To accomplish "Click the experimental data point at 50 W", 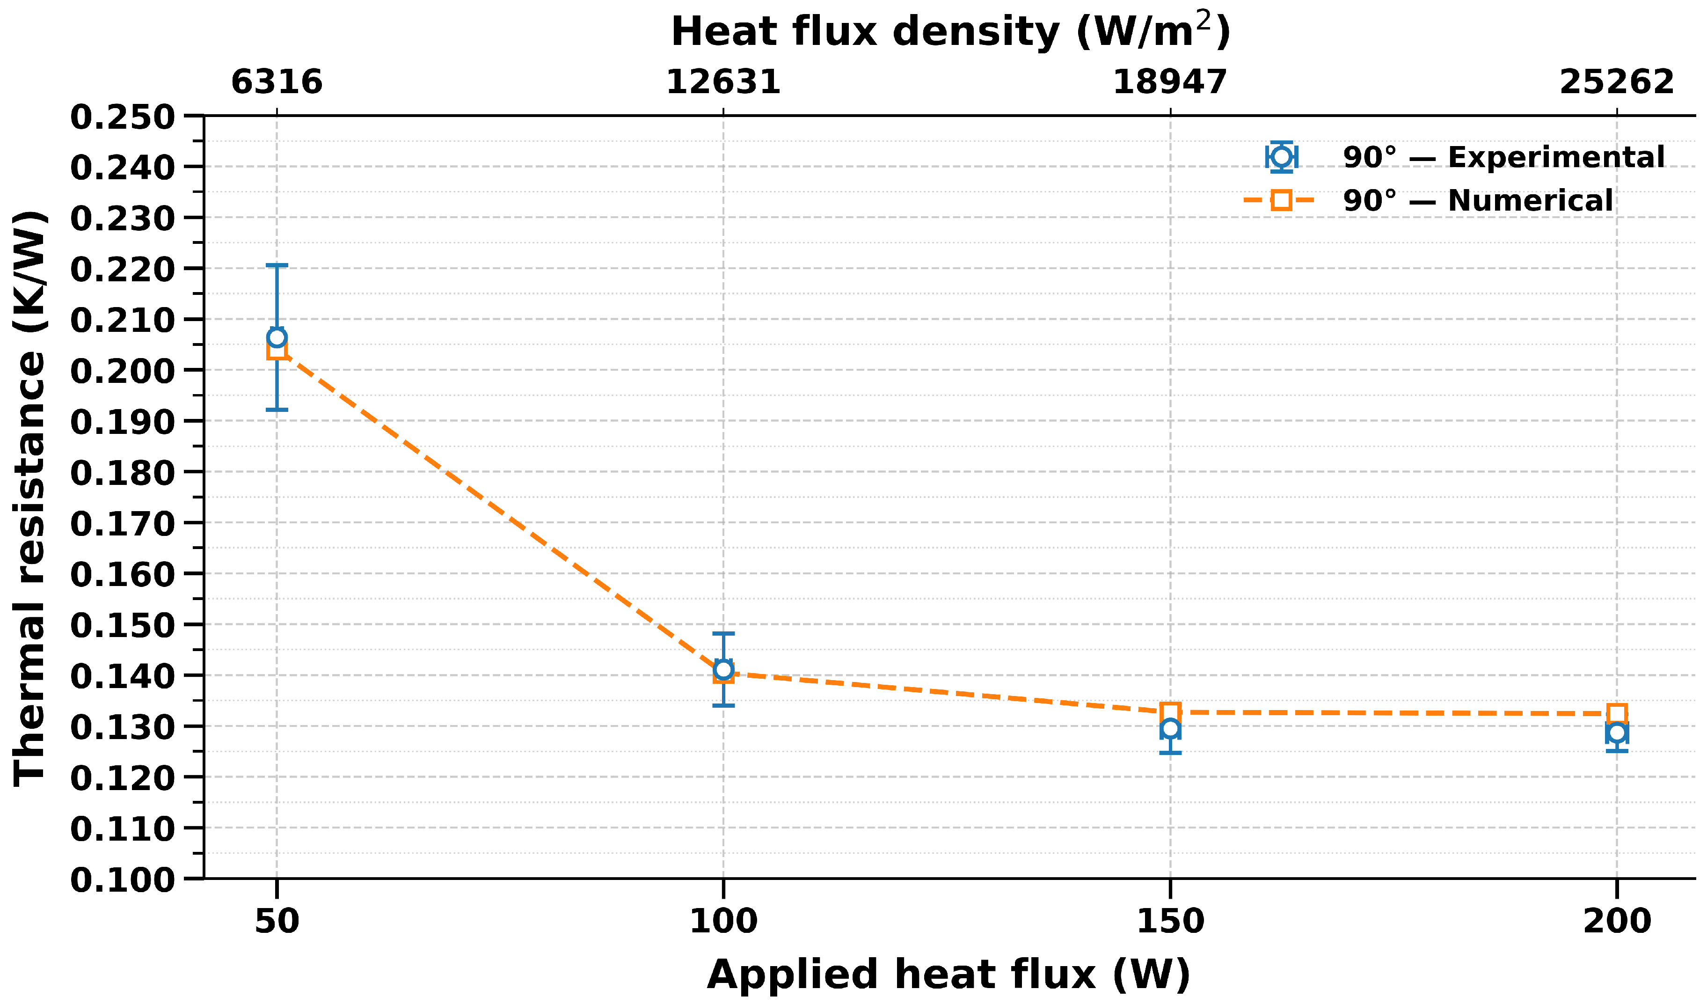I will tap(277, 337).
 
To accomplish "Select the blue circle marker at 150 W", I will tap(1170, 729).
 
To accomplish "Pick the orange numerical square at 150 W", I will tap(1170, 711).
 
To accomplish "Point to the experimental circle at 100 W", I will tap(723, 669).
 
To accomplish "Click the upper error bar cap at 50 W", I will tap(277, 265).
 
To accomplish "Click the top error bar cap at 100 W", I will tap(723, 633).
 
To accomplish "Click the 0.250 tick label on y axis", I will tap(123, 117).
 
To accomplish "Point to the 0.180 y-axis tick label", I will tap(123, 473).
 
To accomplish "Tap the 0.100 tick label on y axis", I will tap(123, 880).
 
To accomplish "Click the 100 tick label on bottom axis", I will tap(723, 921).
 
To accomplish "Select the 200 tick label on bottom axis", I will tap(1617, 921).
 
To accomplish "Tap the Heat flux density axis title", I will tap(950, 32).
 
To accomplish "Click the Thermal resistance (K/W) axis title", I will tap(30, 498).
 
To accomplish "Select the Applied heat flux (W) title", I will tap(948, 975).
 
